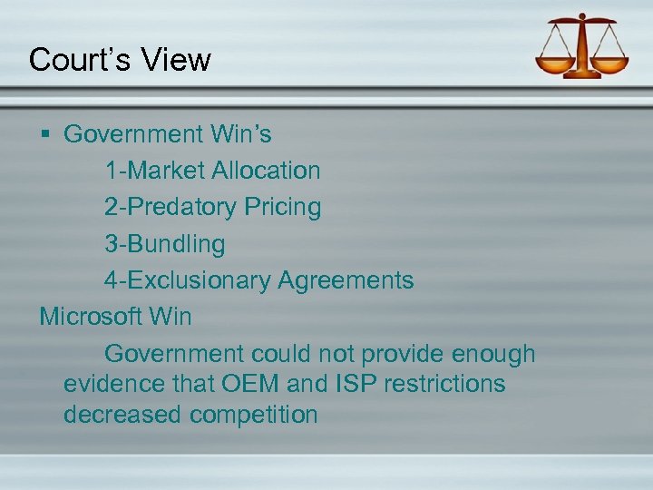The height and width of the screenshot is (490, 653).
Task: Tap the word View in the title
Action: pos(176,60)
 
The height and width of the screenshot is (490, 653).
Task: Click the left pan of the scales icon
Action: pos(554,64)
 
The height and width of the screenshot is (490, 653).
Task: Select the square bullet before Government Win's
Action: pos(45,135)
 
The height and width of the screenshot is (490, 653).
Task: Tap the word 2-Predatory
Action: pos(170,208)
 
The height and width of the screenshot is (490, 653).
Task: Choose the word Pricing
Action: pos(282,208)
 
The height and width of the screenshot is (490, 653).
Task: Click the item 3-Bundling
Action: pos(164,244)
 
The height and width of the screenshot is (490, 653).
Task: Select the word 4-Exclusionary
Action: pos(187,280)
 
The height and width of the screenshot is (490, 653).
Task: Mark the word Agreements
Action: pos(346,280)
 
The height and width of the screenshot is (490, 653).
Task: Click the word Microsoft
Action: pos(91,317)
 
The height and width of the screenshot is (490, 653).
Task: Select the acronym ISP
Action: pos(356,384)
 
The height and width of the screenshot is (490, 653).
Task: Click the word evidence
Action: pos(113,384)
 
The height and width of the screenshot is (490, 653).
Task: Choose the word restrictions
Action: pos(444,384)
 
